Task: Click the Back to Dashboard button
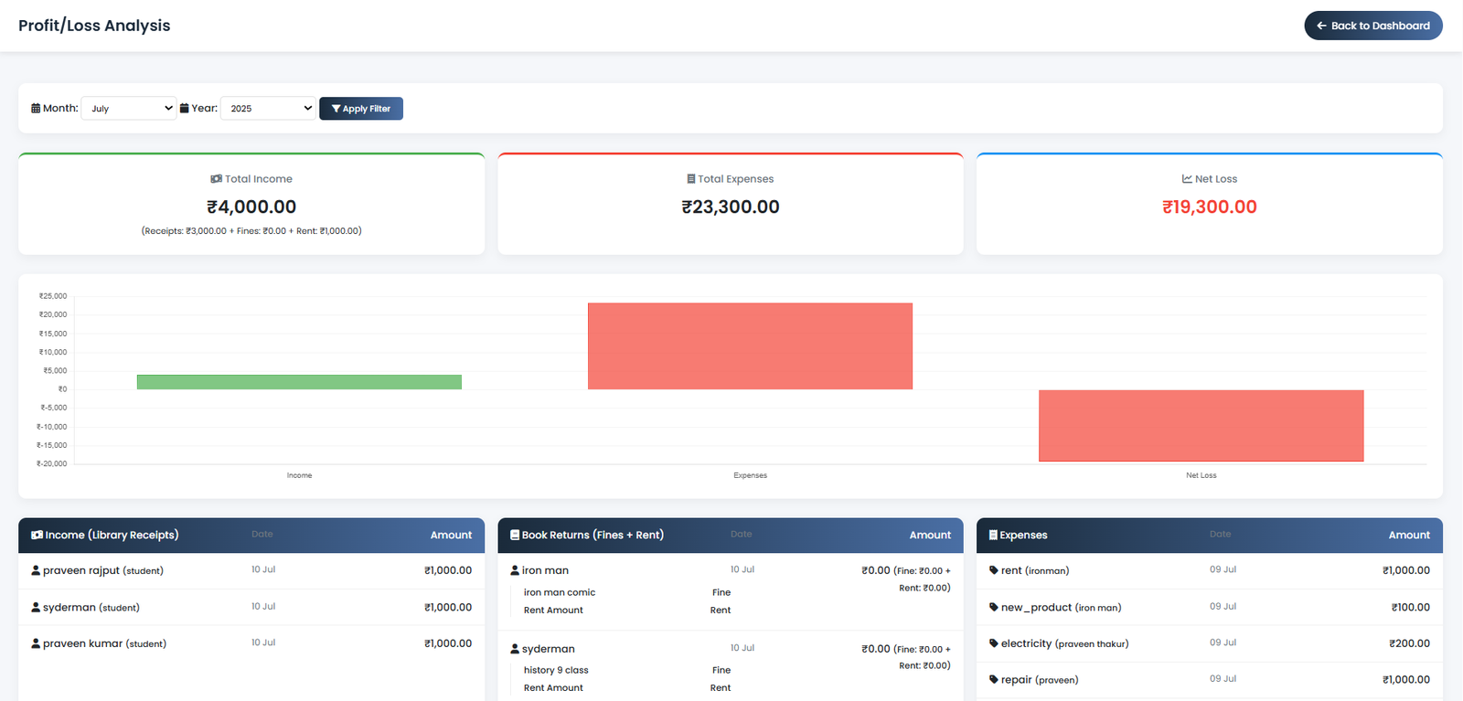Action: [x=1372, y=26]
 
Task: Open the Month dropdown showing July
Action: [x=129, y=108]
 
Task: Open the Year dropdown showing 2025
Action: [x=268, y=108]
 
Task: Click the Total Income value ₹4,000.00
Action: [x=251, y=207]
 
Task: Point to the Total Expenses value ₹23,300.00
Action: [x=731, y=207]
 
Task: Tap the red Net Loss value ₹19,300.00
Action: [x=1209, y=207]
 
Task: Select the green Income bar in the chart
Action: [x=299, y=382]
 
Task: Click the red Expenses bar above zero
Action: [x=750, y=345]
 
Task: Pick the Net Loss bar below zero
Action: [x=1201, y=426]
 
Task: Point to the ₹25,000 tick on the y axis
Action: [x=53, y=296]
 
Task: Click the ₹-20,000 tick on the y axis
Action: [x=52, y=463]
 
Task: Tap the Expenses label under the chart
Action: [x=750, y=475]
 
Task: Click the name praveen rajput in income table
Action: [x=81, y=570]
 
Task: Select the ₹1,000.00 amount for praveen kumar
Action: [x=448, y=643]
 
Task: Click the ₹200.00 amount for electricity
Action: [x=1409, y=643]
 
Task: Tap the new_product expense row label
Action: [x=1036, y=607]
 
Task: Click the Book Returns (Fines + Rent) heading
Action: [x=592, y=535]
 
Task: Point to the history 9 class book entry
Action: [x=556, y=670]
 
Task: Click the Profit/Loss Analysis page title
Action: [x=94, y=26]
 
